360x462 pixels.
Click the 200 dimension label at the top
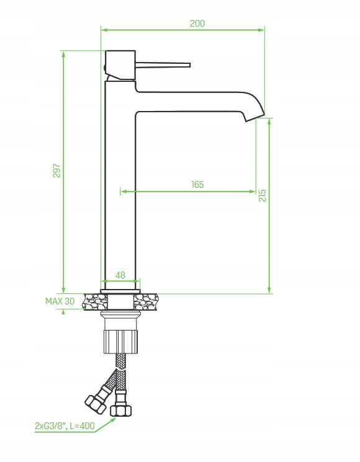pos(197,24)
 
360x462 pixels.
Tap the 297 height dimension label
pos(56,171)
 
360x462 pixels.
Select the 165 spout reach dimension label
pos(197,185)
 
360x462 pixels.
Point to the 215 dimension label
pos(262,195)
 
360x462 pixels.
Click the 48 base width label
pos(120,275)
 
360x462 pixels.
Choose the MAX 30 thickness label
pos(60,301)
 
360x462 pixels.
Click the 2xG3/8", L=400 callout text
pos(65,426)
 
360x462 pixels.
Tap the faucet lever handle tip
pos(189,65)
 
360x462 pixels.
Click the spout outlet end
pos(255,117)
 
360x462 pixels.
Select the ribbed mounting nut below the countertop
pos(121,342)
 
